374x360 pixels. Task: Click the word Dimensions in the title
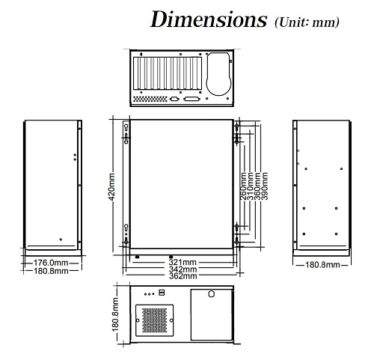pos(209,19)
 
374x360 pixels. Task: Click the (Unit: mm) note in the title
pos(307,22)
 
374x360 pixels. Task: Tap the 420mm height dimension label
pos(111,186)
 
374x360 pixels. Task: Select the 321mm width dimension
pos(183,262)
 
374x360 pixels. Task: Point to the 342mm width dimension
pos(183,269)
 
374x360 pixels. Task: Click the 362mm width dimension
pos(183,276)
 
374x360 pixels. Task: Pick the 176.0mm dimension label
pos(51,263)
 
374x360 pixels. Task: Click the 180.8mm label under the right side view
pos(322,265)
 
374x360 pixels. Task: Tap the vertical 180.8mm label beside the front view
pos(115,314)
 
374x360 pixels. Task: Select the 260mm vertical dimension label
pos(243,186)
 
